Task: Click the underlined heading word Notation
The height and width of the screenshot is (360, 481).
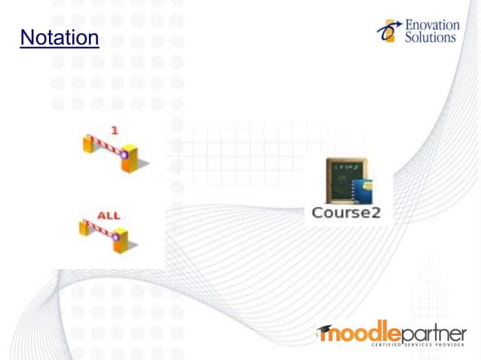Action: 60,37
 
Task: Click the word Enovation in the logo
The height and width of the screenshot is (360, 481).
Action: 432,25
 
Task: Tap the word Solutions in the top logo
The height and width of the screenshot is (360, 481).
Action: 430,37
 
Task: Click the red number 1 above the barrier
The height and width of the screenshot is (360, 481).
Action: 114,130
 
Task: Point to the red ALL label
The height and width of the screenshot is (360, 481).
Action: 108,216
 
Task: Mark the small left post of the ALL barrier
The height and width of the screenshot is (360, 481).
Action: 84,227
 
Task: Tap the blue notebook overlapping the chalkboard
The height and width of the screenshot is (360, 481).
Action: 363,191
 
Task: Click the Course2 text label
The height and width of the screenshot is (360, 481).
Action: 346,213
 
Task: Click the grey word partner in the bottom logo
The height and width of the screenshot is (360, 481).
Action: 433,334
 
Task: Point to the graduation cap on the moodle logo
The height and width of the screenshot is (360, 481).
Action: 325,329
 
